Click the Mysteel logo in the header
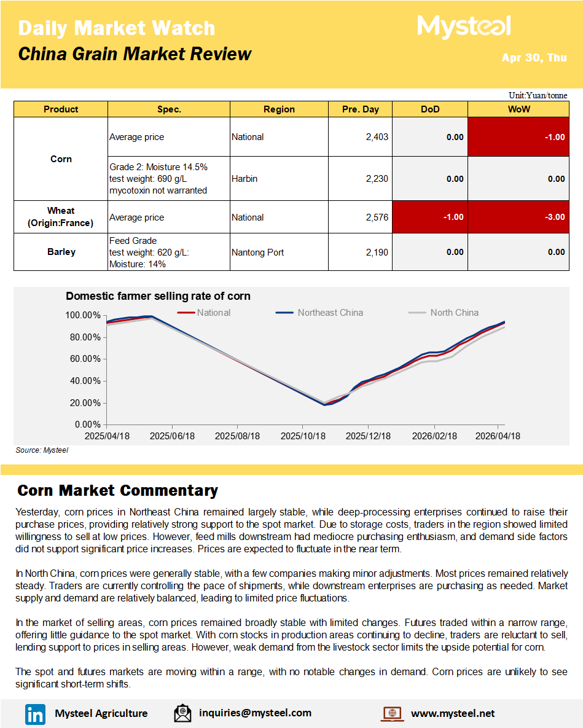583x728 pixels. point(464,26)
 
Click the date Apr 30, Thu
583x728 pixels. point(534,58)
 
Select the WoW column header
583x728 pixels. point(518,109)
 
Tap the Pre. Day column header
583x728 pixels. point(360,109)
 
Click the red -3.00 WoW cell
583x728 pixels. point(518,217)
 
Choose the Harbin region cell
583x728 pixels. point(245,179)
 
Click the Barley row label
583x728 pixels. point(61,252)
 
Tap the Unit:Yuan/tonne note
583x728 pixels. point(538,95)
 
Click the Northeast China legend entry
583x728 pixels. point(330,313)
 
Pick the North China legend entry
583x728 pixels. point(454,313)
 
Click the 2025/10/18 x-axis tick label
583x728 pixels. point(303,436)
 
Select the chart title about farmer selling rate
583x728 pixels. point(158,296)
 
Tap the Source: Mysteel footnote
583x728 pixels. point(42,450)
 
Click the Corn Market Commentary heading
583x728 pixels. point(117,491)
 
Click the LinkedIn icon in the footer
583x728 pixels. point(35,714)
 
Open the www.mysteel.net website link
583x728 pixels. point(452,713)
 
